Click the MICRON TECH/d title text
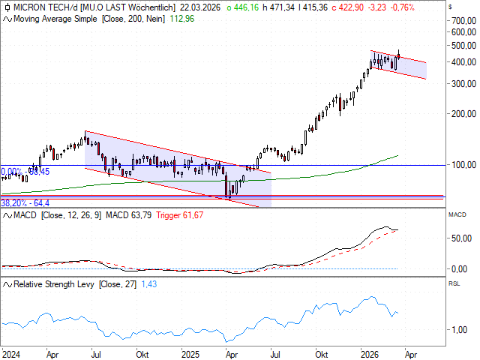coord(40,6)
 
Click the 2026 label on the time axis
coord(368,353)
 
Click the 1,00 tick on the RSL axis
coord(460,330)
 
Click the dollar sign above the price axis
coord(449,6)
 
